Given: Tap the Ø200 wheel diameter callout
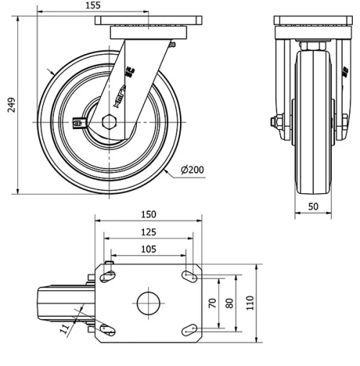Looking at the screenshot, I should (192, 170).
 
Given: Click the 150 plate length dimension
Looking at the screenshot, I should (149, 215).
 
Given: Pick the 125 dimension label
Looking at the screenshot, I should (149, 232).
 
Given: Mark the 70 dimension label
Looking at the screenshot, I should (212, 303).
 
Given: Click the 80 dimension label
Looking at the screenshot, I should (230, 303).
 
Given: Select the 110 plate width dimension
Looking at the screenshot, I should (250, 303).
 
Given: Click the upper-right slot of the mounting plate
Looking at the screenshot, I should (192, 275).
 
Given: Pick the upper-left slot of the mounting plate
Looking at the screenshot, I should (108, 275).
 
